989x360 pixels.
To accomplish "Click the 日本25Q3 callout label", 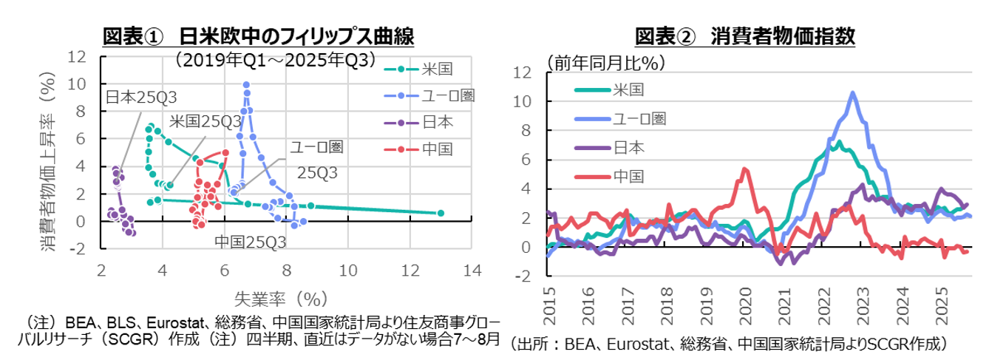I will [x=142, y=97].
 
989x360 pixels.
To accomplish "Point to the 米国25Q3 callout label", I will [x=205, y=121].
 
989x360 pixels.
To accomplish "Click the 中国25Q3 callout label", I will [x=251, y=242].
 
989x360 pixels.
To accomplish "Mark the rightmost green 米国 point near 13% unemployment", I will [x=441, y=213].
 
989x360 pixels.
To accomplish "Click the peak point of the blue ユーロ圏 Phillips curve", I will [x=246, y=85].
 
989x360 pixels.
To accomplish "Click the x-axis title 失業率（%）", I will [x=281, y=299].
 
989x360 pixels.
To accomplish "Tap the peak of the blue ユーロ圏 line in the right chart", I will [x=853, y=93].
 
